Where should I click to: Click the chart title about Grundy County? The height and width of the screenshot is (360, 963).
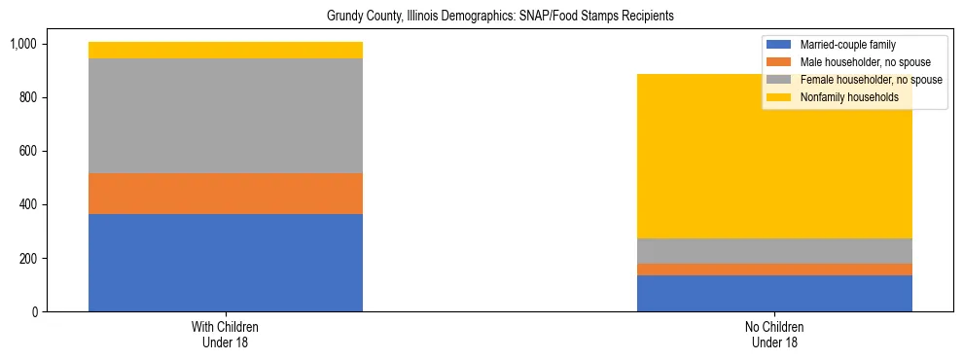pos(481,17)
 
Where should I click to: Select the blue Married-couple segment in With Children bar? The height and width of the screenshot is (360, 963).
pos(226,263)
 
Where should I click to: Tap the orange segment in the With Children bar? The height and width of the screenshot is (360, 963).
pos(226,194)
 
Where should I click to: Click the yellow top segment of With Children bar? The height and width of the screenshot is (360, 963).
pos(226,50)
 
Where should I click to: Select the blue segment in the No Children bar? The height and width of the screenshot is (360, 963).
pos(774,293)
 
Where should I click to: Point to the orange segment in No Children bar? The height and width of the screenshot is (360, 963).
pos(774,270)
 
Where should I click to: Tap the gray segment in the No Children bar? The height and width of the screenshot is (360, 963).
pos(774,251)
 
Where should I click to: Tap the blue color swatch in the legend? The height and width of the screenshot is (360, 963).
pos(779,45)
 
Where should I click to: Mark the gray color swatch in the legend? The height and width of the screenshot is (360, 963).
pos(779,80)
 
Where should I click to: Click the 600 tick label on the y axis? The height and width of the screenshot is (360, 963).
pos(27,151)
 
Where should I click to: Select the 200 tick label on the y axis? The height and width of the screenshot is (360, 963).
pos(27,258)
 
